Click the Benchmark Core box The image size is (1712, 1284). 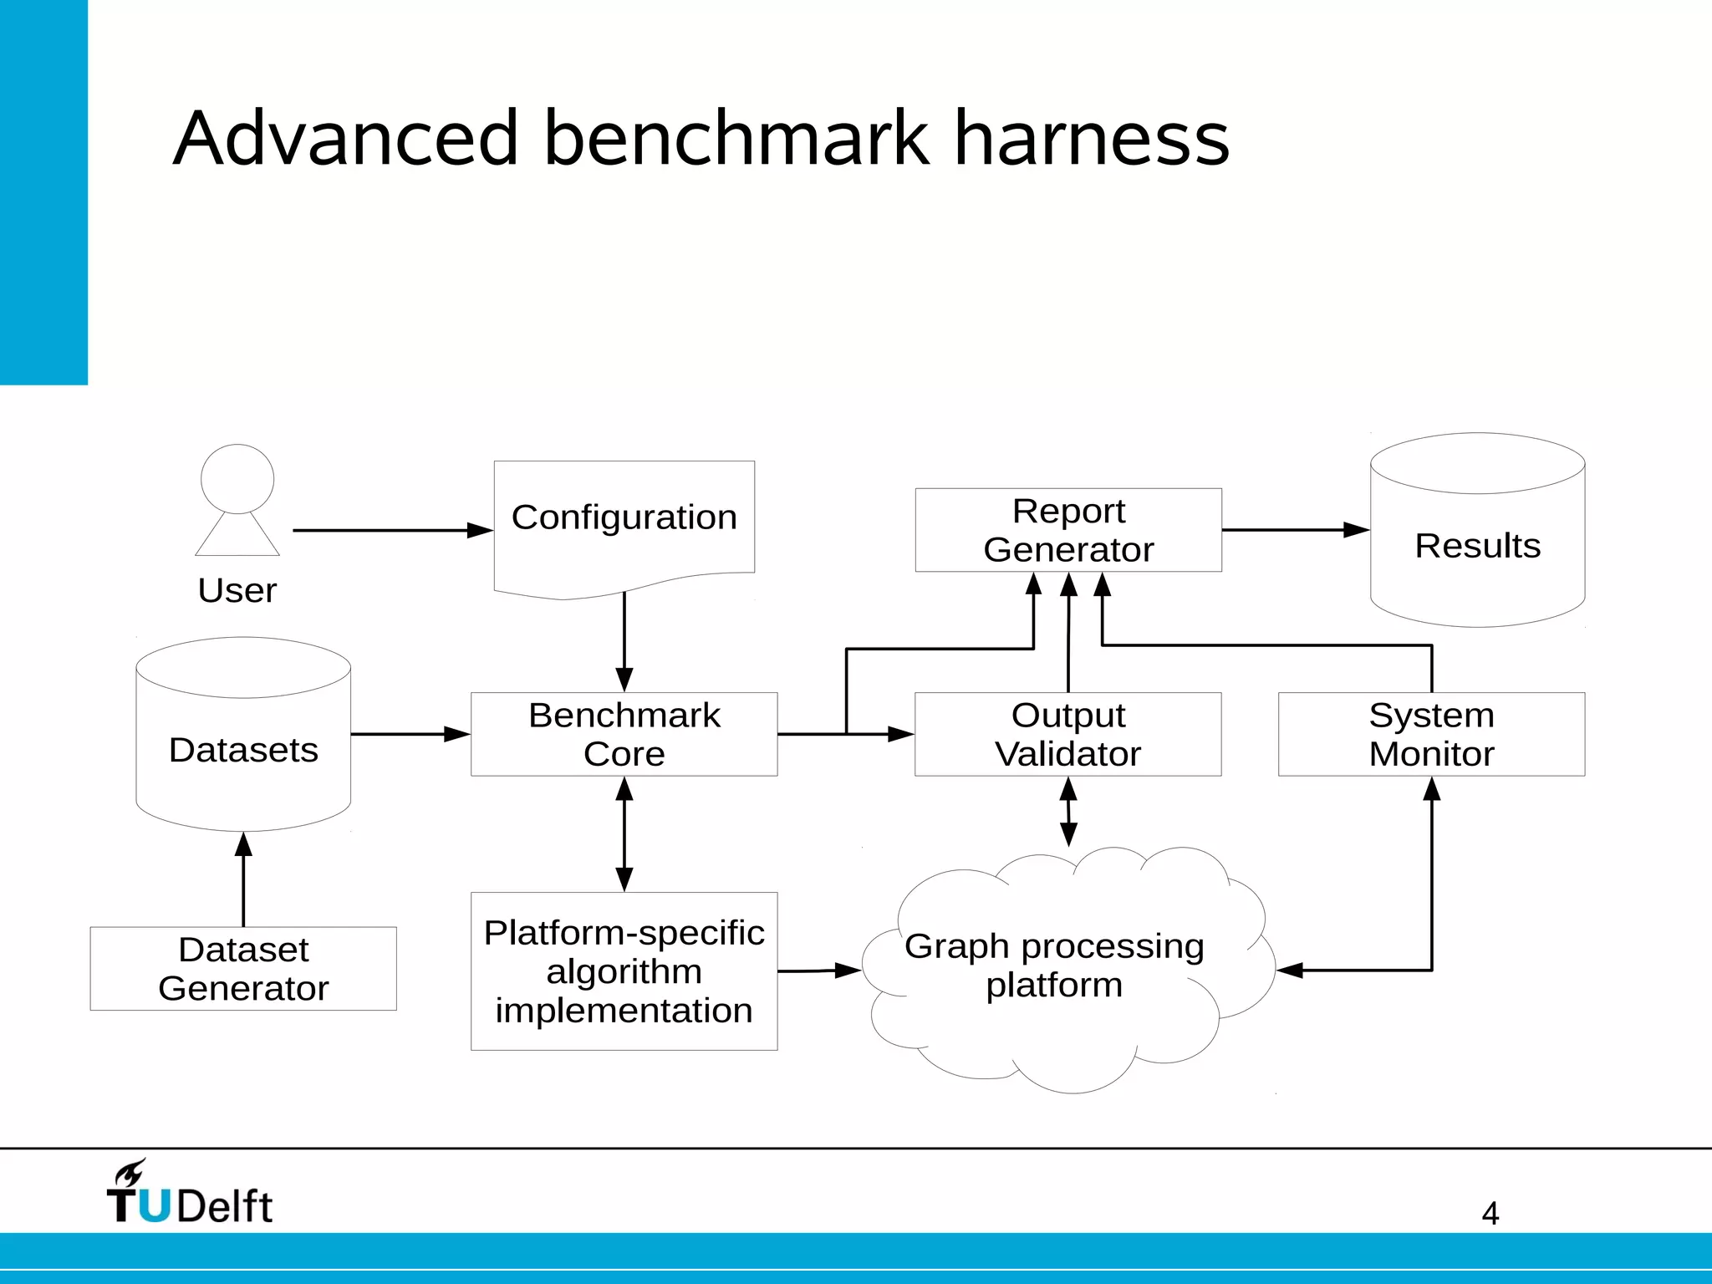(x=624, y=734)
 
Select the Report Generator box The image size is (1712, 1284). (x=1067, y=530)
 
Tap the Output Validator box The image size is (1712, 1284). (x=1067, y=734)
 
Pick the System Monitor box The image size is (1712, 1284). (x=1431, y=734)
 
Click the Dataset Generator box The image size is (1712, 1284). (x=243, y=968)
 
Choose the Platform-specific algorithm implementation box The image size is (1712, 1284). (x=624, y=971)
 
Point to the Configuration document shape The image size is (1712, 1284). (x=624, y=518)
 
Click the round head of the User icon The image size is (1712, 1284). (x=237, y=478)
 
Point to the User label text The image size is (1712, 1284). (x=237, y=590)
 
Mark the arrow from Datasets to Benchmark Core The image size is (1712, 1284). (x=410, y=734)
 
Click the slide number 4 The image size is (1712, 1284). (x=1490, y=1213)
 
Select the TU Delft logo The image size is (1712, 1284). (x=190, y=1193)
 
